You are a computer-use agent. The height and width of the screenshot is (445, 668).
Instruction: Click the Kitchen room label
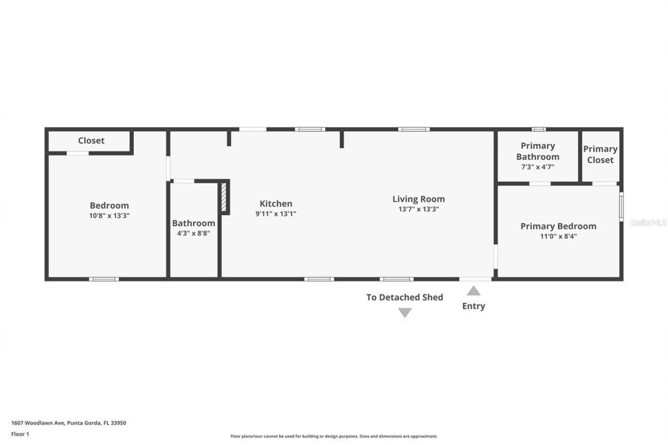point(276,203)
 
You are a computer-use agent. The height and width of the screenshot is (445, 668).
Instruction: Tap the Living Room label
point(419,199)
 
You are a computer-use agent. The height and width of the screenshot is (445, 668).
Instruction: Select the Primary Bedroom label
point(558,226)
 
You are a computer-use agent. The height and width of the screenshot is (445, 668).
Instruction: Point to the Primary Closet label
point(600,154)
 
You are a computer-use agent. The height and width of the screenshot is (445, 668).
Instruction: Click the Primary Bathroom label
point(538,151)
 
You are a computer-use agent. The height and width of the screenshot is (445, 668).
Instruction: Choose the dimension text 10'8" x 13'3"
point(109,215)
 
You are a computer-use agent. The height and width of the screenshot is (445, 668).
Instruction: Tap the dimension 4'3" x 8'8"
point(193,233)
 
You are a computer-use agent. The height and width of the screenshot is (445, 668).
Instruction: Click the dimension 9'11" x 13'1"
point(276,213)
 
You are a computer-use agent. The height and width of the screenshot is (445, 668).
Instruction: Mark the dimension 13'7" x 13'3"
point(419,209)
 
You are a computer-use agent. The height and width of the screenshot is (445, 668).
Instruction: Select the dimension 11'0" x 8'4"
point(558,236)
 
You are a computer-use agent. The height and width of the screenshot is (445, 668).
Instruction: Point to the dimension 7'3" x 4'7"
point(538,167)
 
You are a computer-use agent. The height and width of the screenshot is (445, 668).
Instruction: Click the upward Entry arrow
point(473,291)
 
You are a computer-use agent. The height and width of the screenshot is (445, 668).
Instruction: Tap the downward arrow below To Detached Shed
point(405,312)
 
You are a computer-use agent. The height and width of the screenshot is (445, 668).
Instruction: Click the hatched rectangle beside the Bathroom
point(224,197)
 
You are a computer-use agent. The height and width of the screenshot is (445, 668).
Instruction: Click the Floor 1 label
point(20,434)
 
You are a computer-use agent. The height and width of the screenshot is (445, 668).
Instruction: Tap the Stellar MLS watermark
point(648,222)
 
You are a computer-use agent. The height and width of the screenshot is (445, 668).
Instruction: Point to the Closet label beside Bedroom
point(91,140)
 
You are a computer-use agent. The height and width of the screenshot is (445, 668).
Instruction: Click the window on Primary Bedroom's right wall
point(621,207)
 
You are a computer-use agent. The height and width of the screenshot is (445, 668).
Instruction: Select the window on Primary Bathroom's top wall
point(539,129)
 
